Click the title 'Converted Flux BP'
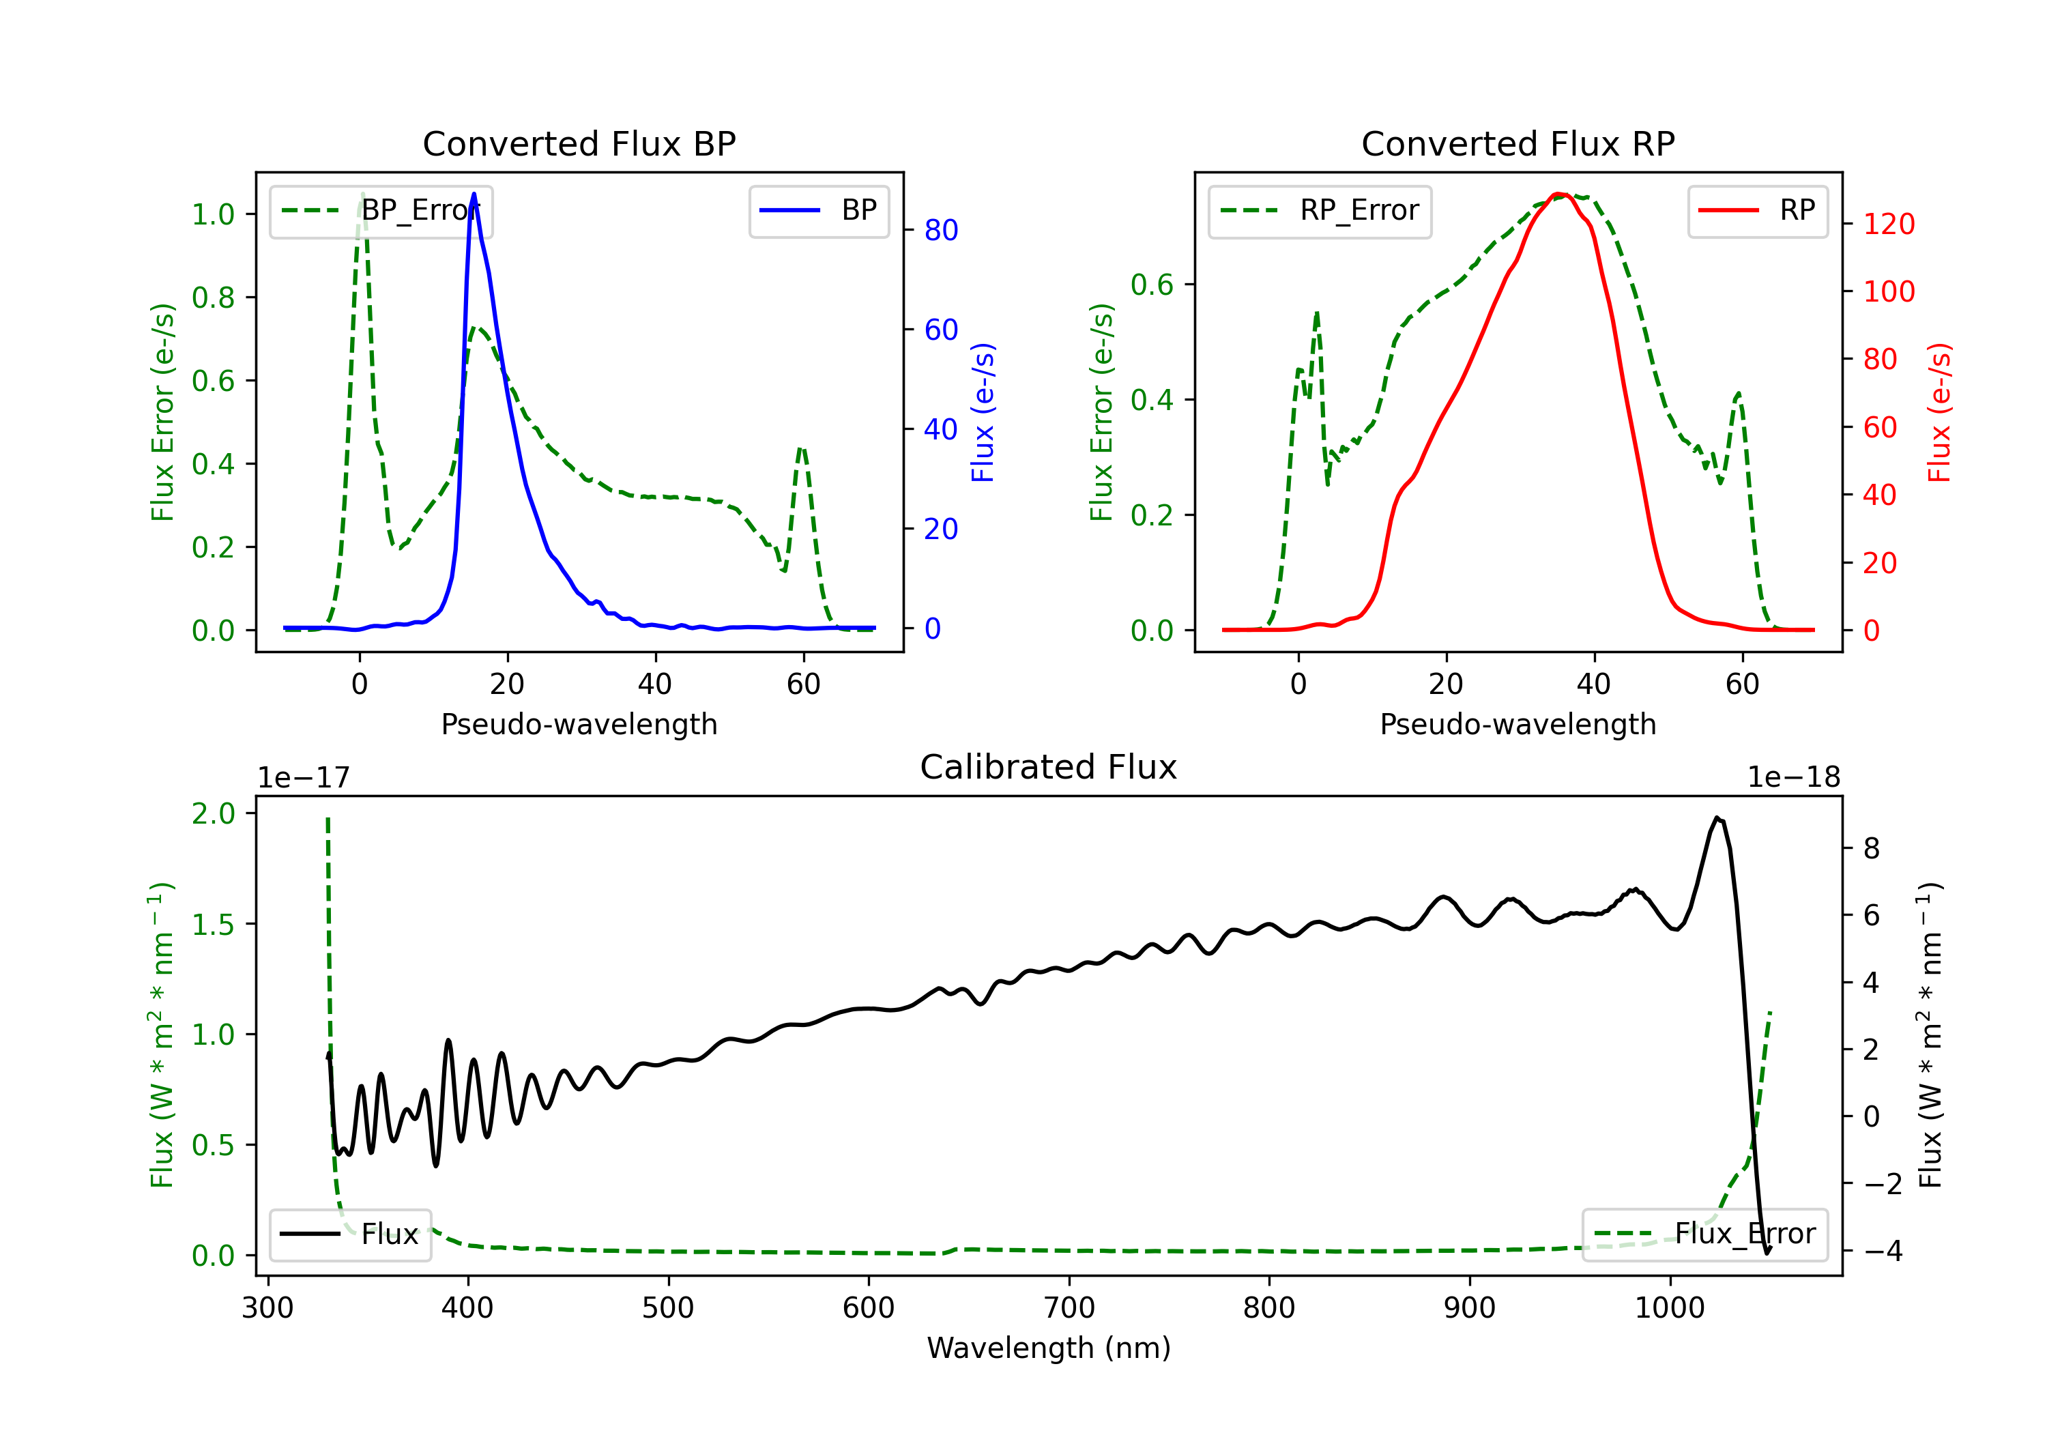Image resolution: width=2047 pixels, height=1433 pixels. [x=579, y=143]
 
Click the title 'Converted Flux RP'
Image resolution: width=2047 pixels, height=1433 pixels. [x=1518, y=143]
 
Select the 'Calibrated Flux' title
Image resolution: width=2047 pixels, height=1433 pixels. [x=1049, y=767]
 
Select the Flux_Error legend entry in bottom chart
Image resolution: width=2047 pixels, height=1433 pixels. [x=1704, y=1234]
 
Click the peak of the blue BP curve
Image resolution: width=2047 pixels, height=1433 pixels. [x=474, y=194]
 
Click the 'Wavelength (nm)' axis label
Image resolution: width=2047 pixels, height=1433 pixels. [x=1049, y=1348]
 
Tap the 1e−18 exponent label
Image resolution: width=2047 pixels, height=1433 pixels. [x=1793, y=778]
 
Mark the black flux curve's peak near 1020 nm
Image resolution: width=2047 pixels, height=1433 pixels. [x=1716, y=817]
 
